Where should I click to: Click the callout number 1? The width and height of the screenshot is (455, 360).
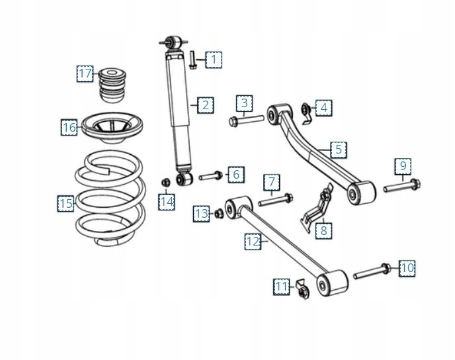tap(213, 60)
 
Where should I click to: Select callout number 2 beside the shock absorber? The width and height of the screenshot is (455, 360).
tap(205, 105)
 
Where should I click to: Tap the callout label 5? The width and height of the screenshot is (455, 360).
tap(339, 150)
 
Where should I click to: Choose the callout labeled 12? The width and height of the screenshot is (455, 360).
tap(253, 242)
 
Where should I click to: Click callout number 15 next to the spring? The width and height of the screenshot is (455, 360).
tap(65, 204)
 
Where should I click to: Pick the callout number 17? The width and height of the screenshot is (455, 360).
tap(85, 73)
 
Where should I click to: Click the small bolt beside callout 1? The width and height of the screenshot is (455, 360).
tap(192, 59)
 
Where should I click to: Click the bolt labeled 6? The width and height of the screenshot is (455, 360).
tap(210, 175)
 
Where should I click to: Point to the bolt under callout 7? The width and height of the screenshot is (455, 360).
tap(275, 198)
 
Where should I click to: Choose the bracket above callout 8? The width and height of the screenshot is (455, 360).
tap(319, 206)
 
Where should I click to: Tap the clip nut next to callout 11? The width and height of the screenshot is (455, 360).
tap(301, 290)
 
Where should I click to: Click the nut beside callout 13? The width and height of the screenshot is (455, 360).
tap(219, 213)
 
